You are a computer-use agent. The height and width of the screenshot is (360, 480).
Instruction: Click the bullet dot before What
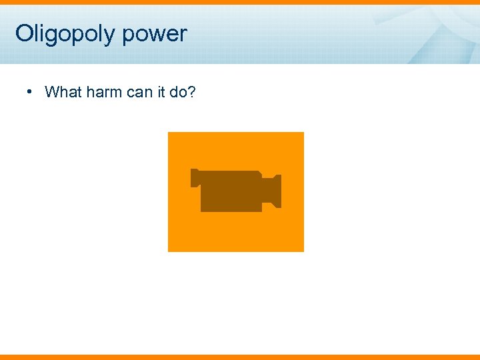point(31,91)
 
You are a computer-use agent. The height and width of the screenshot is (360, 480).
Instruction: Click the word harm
point(104,92)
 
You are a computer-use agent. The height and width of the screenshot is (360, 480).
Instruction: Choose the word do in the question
point(179,92)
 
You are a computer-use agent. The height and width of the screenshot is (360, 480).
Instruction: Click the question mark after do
point(192,92)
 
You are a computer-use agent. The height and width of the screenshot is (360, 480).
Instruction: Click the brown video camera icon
point(235,191)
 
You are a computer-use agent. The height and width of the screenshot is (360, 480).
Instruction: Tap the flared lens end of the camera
point(274,191)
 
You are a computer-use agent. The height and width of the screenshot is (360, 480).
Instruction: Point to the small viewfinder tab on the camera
point(195,177)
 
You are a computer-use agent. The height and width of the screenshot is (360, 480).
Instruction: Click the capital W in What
point(52,92)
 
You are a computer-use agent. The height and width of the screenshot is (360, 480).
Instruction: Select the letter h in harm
point(90,92)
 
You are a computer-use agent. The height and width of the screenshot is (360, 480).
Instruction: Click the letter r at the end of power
point(183,34)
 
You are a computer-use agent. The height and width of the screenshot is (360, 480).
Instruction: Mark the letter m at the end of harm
point(116,92)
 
